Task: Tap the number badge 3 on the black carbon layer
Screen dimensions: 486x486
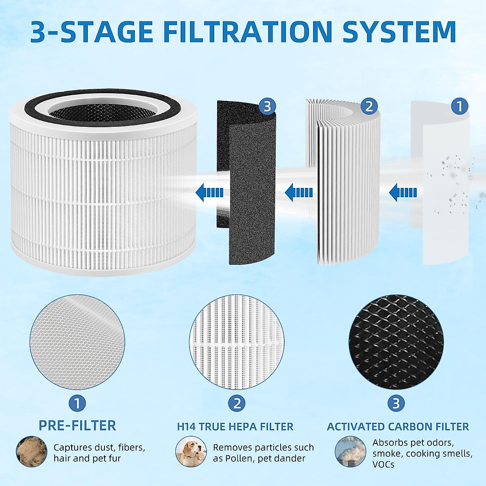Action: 267,107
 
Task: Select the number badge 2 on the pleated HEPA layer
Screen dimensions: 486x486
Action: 369,107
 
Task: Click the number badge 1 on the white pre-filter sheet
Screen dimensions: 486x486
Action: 459,107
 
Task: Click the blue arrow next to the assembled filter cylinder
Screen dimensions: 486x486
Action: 209,192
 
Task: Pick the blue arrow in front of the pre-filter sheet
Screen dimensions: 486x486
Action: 403,192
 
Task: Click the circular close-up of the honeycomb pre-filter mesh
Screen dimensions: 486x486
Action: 77,342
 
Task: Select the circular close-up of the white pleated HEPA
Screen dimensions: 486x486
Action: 237,342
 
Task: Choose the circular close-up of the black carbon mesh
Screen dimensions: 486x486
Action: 396,342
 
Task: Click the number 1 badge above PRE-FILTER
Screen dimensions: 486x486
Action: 77,403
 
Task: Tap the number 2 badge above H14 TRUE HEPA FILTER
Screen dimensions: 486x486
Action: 237,403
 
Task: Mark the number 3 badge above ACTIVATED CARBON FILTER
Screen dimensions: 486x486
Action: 396,403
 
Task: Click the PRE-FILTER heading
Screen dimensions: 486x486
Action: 77,426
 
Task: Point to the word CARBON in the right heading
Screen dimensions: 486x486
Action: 409,426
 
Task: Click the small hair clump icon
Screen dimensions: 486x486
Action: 32,451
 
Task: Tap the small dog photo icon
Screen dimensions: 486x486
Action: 191,451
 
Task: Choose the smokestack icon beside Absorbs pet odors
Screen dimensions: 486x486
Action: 350,451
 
